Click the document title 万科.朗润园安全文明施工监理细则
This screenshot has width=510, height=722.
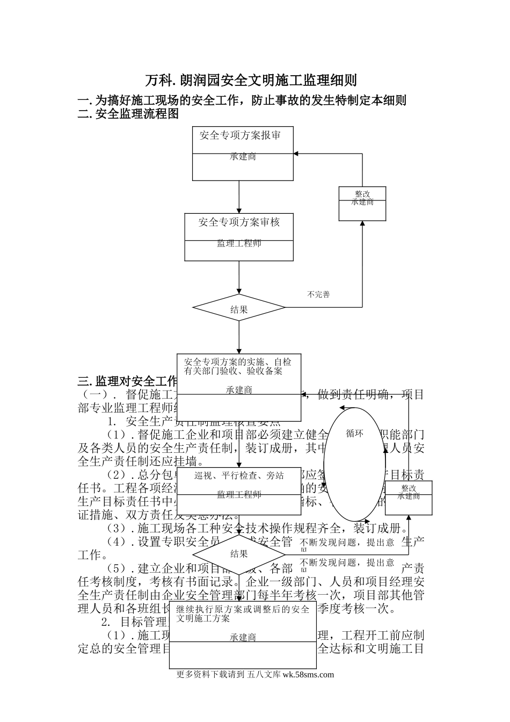pos(251,81)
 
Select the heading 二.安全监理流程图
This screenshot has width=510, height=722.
pos(128,114)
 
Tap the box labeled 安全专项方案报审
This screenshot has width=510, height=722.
pos(243,153)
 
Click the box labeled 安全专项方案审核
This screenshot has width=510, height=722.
pos(239,236)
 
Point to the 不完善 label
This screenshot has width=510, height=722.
pos(318,294)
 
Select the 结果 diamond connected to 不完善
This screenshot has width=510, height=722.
pos(239,308)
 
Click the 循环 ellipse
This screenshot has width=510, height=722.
pos(354,464)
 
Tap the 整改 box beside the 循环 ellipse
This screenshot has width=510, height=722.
pos(409,498)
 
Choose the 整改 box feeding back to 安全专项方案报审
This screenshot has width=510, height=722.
pos(362,204)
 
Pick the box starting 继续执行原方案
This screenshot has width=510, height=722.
pos(243,634)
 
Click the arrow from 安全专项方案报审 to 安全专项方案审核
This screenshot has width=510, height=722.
pos(239,197)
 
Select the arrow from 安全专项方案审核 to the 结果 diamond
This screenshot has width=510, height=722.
pos(239,277)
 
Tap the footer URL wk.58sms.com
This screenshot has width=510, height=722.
pos(308,675)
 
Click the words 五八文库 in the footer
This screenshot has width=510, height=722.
pos(264,675)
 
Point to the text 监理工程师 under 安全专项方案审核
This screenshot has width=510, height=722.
pos(239,243)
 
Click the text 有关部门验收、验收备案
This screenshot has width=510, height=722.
pos(233,371)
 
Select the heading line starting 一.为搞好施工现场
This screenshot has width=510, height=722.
pos(242,100)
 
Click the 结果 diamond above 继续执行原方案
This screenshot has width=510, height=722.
pos(239,554)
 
